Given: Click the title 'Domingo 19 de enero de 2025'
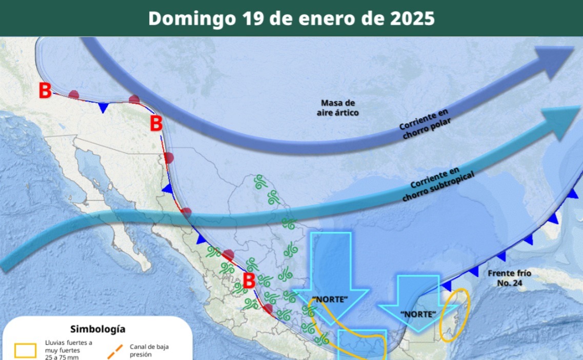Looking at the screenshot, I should pyautogui.click(x=291, y=18).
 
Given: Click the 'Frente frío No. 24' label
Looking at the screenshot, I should pyautogui.click(x=509, y=278).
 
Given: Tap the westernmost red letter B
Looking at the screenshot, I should pyautogui.click(x=45, y=91).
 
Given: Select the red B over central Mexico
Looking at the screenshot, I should pyautogui.click(x=249, y=281).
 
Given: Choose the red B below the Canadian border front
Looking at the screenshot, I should pyautogui.click(x=156, y=124).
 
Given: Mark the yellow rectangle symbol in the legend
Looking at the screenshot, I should pyautogui.click(x=26, y=350).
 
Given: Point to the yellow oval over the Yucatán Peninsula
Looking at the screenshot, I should pyautogui.click(x=455, y=315).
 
